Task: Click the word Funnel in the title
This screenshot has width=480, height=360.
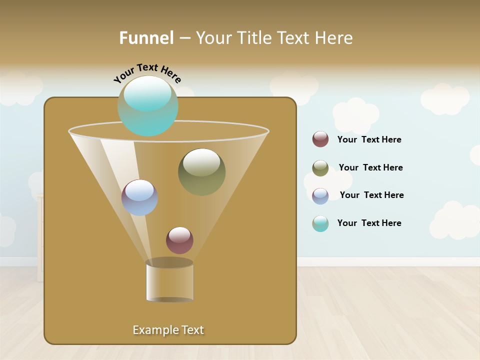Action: point(146,38)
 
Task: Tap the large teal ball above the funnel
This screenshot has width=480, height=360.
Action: point(147,106)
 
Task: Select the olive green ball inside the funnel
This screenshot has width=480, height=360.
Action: point(201,172)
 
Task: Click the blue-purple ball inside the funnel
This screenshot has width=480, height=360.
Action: point(139,197)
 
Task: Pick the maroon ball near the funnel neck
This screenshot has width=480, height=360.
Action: point(179,240)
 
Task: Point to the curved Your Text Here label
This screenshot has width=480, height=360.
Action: point(147,72)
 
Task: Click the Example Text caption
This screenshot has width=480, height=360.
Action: point(168,330)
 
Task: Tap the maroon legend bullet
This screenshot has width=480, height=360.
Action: point(320,139)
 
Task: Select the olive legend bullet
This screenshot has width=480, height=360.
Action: point(320,168)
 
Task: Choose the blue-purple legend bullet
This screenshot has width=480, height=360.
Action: point(320,195)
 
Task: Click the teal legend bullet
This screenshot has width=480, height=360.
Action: point(320,223)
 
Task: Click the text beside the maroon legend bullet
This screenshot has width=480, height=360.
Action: point(369,139)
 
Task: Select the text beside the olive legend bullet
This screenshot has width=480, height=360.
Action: point(370,167)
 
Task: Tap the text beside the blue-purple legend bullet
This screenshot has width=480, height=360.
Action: point(371,195)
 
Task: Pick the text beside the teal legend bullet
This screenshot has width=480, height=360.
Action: point(369,223)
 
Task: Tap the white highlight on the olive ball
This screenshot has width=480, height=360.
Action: point(201,162)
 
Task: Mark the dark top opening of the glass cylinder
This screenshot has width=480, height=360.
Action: point(169,263)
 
